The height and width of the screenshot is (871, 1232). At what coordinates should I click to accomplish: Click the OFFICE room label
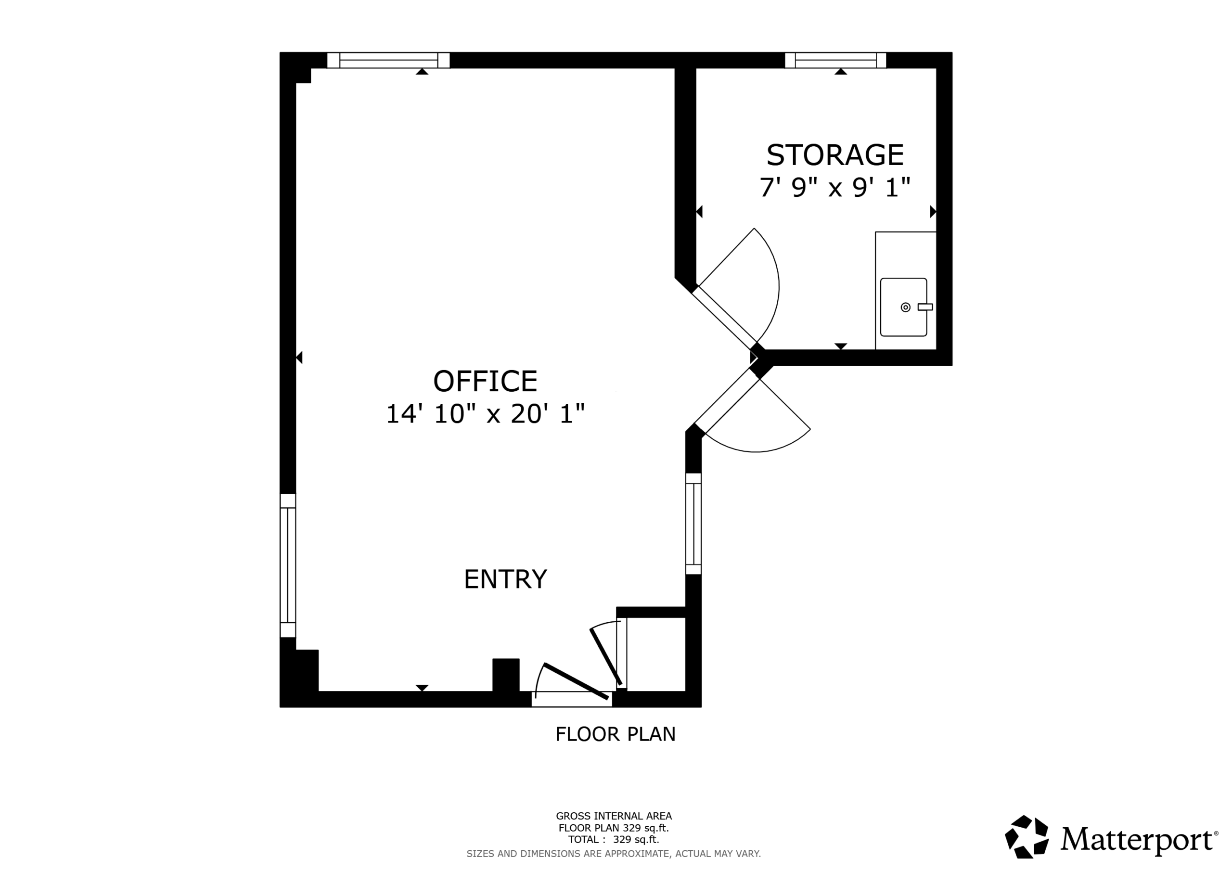pos(485,381)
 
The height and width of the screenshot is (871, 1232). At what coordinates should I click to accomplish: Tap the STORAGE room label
pos(835,155)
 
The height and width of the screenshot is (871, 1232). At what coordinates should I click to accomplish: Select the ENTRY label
pos(505,579)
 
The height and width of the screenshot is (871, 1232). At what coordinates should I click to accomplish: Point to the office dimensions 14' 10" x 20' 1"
pos(485,414)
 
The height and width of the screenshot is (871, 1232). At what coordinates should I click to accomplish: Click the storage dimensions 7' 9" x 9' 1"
pos(835,187)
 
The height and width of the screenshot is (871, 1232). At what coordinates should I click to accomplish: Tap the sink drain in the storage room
pos(906,307)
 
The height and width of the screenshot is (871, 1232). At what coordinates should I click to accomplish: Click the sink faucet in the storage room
pos(925,307)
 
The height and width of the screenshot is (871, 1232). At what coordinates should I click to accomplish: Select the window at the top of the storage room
pos(835,60)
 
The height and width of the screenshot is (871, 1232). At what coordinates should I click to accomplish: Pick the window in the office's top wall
pos(388,60)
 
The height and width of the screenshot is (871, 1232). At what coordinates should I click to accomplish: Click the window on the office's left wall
pos(288,565)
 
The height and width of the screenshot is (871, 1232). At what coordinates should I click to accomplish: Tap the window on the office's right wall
pos(693,524)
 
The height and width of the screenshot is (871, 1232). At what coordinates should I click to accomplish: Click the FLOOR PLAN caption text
pos(616,734)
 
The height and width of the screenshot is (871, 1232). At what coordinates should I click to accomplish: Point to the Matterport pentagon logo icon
pos(1027,837)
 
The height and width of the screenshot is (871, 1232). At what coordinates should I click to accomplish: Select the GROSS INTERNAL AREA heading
pos(614,816)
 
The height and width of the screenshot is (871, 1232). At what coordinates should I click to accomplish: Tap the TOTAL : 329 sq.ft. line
pos(614,839)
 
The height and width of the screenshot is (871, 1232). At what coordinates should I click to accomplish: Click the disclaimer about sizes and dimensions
pos(614,853)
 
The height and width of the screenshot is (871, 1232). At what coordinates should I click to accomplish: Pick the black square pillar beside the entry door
pos(506,675)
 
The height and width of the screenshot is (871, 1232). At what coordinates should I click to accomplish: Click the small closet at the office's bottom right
pos(656,654)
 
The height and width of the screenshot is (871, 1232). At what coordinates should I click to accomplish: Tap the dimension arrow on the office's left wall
pos(299,357)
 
